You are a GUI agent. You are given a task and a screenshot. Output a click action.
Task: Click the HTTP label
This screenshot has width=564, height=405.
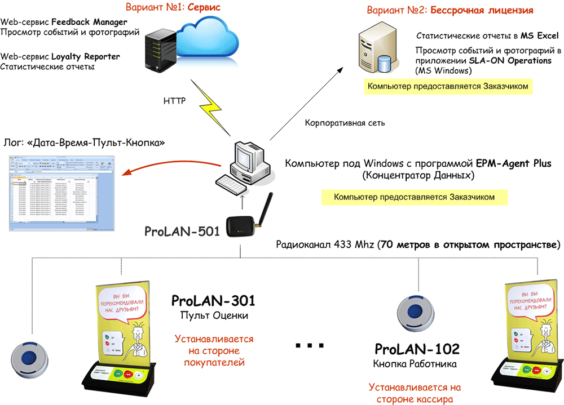[x=174, y=101]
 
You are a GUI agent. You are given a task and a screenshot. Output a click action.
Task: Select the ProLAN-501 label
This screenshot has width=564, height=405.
[x=181, y=232]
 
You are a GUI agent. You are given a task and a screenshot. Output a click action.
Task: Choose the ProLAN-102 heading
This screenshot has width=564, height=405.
[x=417, y=349]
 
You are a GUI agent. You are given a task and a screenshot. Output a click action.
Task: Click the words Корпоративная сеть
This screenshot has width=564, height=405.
[x=337, y=123]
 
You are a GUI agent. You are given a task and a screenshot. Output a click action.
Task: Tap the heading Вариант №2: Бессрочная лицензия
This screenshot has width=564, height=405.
[x=450, y=11]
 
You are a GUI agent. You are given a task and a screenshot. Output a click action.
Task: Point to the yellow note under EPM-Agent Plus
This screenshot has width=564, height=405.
[x=414, y=198]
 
